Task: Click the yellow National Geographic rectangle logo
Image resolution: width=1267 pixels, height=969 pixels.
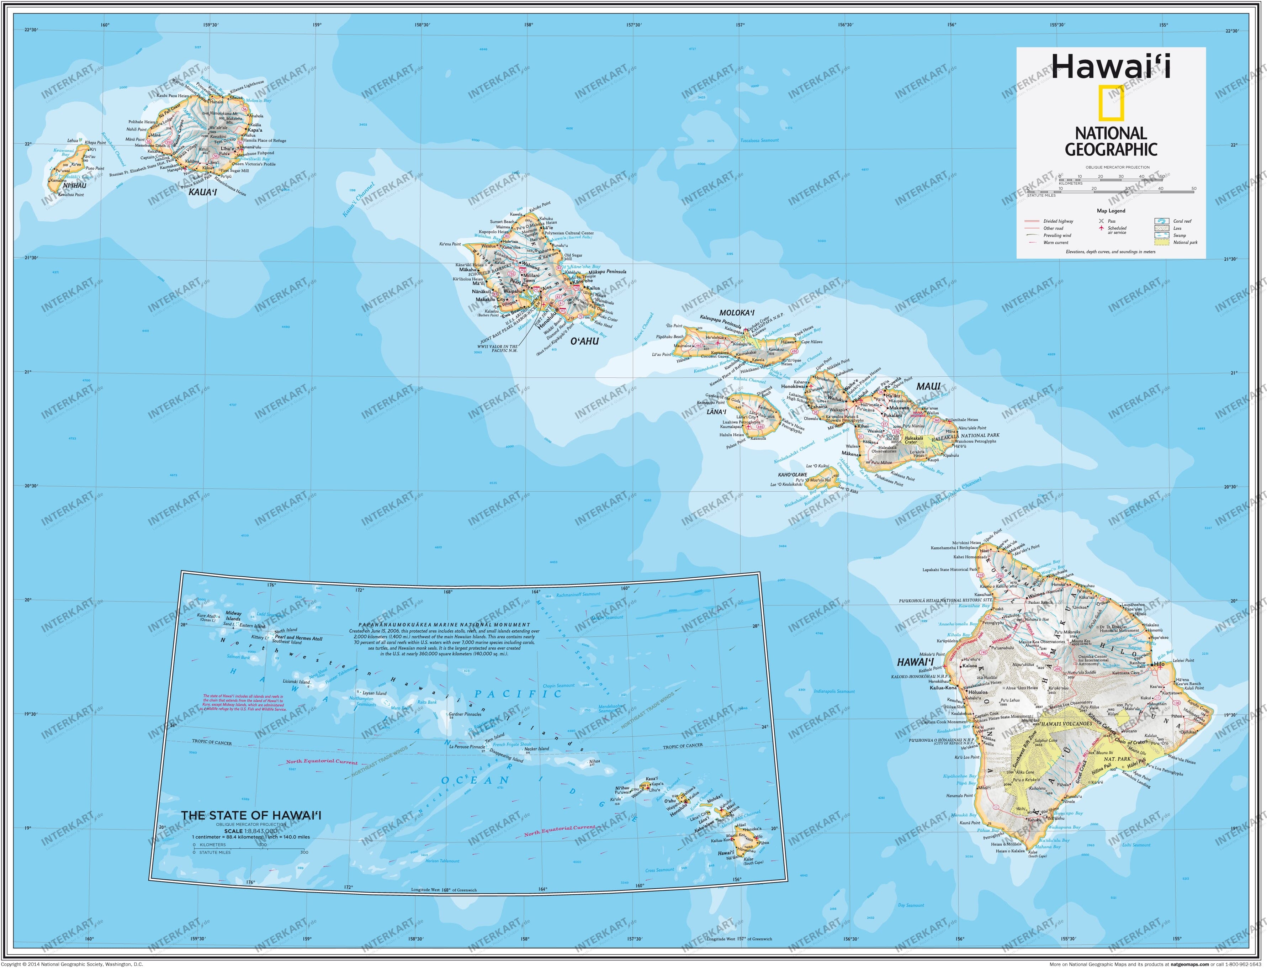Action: tap(1111, 103)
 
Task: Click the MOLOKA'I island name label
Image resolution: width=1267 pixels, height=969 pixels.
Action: tap(737, 313)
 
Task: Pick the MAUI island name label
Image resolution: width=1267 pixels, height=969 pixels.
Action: tap(928, 386)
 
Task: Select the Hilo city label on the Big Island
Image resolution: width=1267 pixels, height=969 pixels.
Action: tap(1159, 664)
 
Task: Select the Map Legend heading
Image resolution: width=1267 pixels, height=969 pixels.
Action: tap(1111, 211)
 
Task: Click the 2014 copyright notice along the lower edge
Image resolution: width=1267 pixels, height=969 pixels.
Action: tap(72, 964)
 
